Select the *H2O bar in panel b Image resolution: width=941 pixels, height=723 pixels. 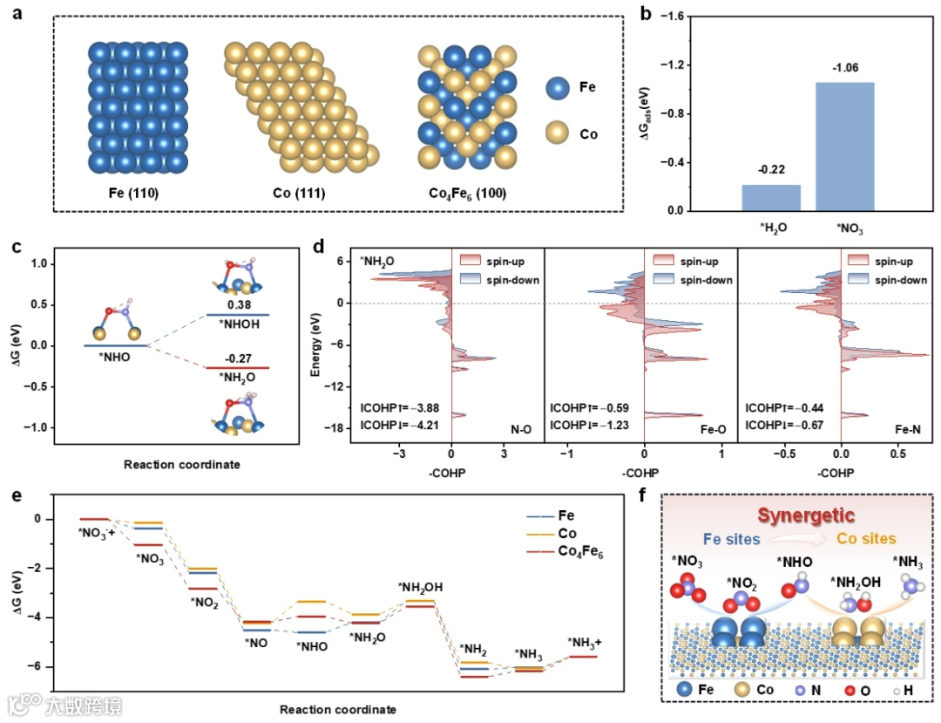771,197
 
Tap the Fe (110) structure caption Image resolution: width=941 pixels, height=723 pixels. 138,192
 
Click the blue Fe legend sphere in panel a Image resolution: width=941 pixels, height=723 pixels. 559,88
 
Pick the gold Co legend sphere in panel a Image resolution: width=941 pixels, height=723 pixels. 559,134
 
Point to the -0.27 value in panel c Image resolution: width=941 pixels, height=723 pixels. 237,357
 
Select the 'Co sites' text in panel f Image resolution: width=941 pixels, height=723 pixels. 868,539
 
